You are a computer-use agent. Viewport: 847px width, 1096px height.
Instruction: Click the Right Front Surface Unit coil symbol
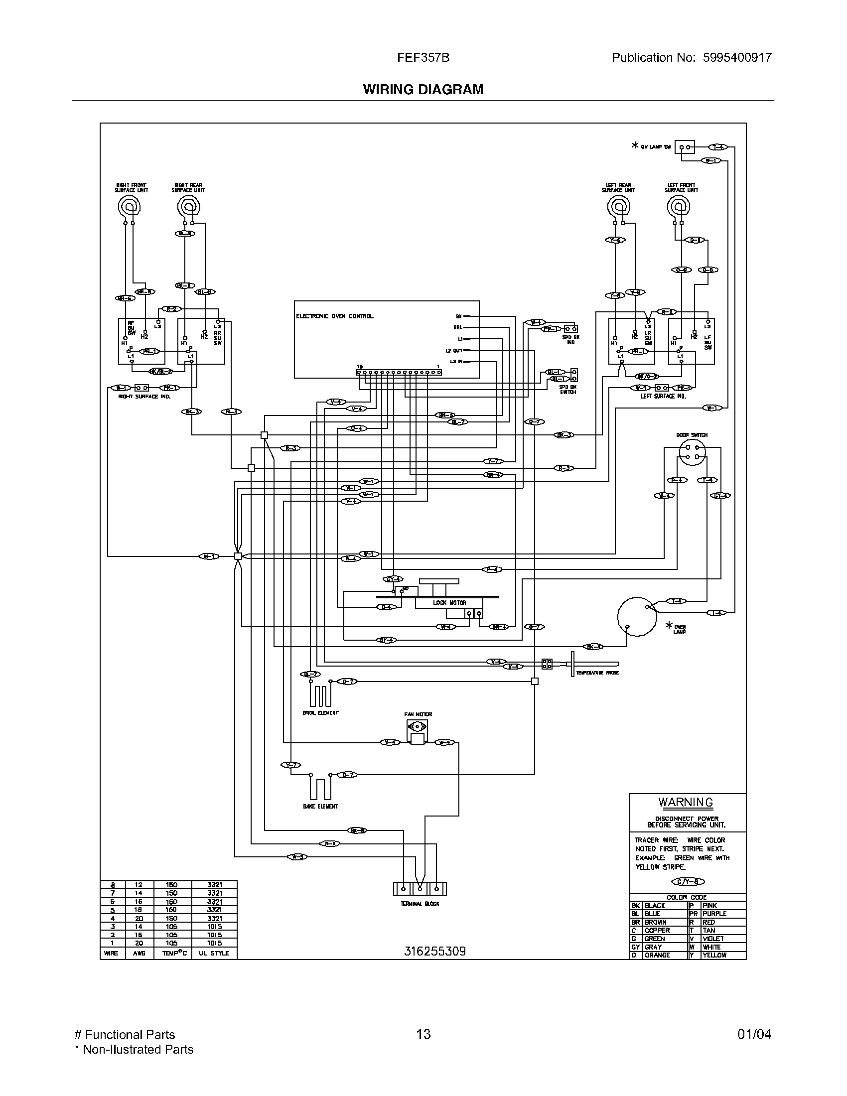pos(129,206)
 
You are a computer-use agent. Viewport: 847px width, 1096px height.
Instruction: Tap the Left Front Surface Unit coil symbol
pos(679,206)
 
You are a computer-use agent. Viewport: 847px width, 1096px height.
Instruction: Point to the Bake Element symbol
pos(320,787)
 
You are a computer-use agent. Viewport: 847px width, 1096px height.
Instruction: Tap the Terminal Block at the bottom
pos(420,889)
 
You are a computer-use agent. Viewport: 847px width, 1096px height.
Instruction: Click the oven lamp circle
pos(637,617)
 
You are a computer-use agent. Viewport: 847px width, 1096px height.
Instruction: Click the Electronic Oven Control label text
pos(335,316)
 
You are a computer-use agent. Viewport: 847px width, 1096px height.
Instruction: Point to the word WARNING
pos(686,802)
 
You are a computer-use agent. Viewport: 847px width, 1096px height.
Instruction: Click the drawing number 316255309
pos(434,952)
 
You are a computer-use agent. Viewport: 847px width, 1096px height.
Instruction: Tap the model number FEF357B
pos(423,58)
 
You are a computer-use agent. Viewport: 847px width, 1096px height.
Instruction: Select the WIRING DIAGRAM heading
pos(423,89)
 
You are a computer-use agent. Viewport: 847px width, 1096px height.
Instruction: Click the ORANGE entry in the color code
pos(657,955)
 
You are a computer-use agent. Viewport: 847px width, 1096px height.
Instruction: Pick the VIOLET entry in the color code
pos(713,939)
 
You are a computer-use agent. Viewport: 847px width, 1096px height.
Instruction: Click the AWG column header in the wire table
pos(139,953)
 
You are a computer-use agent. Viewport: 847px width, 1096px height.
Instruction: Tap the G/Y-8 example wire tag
pos(688,882)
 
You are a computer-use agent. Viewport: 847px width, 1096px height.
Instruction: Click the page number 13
pos(423,1034)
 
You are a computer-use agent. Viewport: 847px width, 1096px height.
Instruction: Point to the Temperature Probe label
pos(597,673)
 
